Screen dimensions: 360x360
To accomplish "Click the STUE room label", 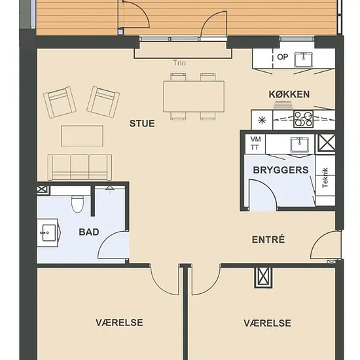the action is click(142, 124).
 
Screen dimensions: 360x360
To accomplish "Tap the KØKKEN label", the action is click(289, 94).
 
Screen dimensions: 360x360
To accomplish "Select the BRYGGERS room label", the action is click(281, 170).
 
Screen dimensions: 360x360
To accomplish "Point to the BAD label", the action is click(89, 232).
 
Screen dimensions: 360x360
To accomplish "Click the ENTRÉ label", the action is click(268, 240).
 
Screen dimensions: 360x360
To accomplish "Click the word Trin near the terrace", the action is click(179, 63).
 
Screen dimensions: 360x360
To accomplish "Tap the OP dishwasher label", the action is click(282, 57).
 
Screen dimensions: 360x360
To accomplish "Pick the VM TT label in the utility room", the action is click(255, 143).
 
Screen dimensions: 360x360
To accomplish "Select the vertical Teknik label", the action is click(325, 177).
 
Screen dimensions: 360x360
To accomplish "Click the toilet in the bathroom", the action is click(78, 203).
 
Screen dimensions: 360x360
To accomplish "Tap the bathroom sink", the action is click(49, 232).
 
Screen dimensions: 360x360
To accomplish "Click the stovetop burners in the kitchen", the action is click(303, 119).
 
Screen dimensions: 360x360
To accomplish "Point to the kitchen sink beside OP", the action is click(304, 59).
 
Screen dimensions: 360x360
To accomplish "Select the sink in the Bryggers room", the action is click(299, 145).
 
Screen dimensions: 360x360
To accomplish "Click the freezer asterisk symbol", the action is click(262, 120).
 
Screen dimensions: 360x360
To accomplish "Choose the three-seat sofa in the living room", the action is click(80, 167).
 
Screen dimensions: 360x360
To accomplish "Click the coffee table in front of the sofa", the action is click(82, 135).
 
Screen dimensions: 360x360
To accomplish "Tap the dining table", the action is click(194, 96).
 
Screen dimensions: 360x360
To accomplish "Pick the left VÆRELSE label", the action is click(119, 323).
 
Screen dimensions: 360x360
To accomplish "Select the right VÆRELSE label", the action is click(268, 323).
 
